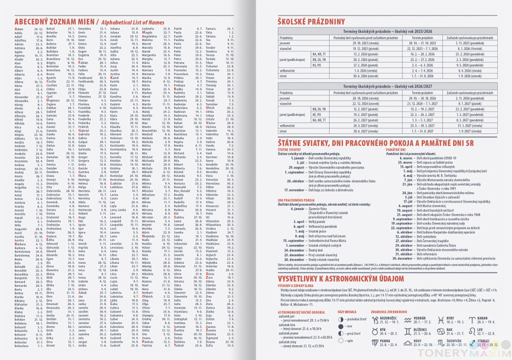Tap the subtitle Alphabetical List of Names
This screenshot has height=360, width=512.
134,20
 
